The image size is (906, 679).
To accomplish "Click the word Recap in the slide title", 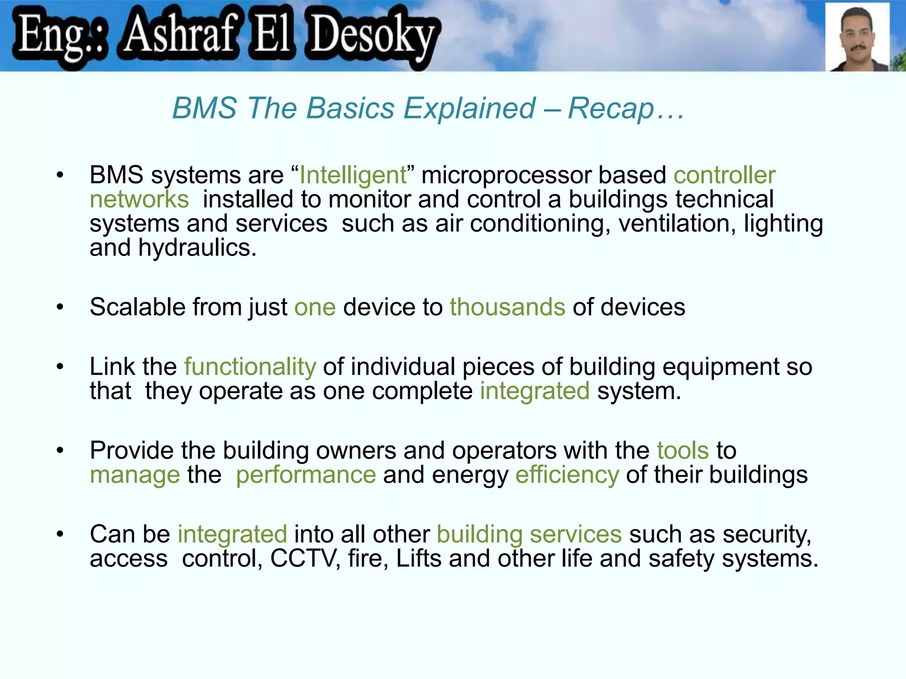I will pyautogui.click(x=610, y=108).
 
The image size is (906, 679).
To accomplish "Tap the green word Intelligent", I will pyautogui.click(x=353, y=175).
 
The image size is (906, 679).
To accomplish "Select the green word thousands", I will pyautogui.click(x=507, y=307).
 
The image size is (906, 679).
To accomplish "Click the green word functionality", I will pyautogui.click(x=250, y=367).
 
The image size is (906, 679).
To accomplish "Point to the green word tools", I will pyautogui.click(x=683, y=451).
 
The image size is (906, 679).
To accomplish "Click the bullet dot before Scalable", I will pyautogui.click(x=60, y=307).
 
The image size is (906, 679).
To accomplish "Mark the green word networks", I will pyautogui.click(x=139, y=199).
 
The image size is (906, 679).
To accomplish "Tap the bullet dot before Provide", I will pyautogui.click(x=60, y=450).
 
